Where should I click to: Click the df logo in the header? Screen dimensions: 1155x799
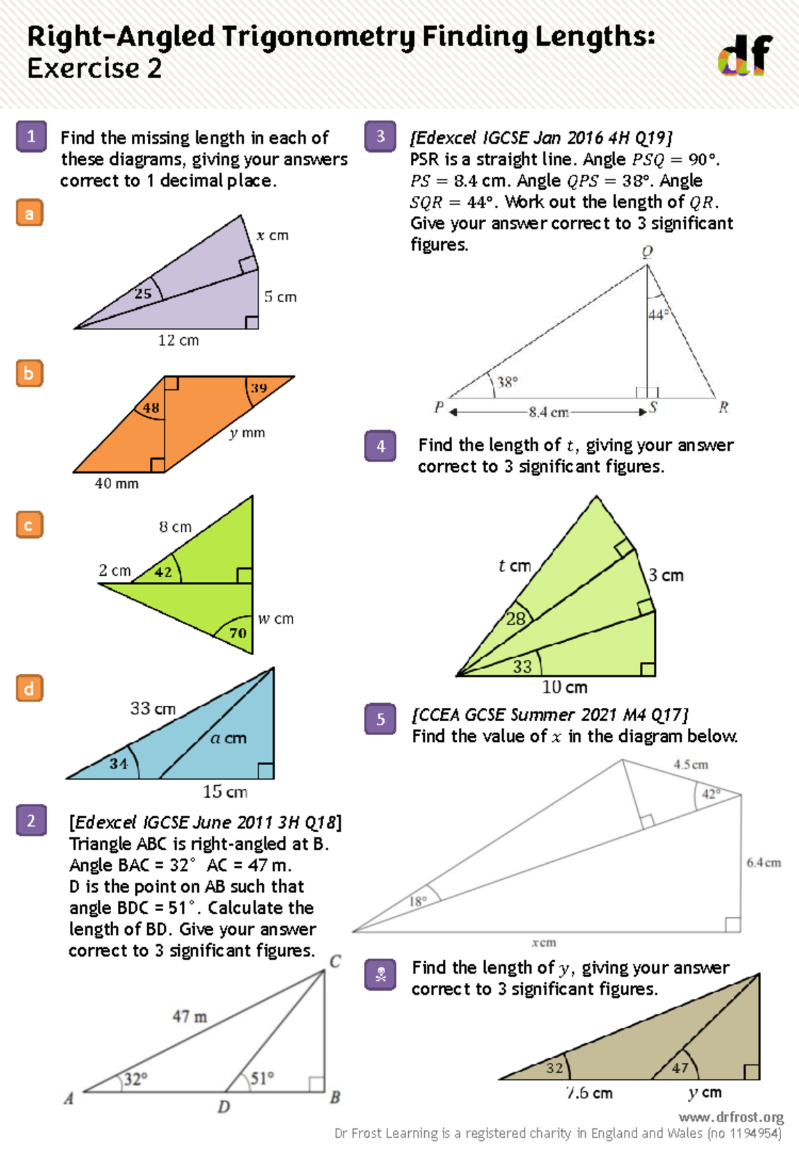[x=744, y=55]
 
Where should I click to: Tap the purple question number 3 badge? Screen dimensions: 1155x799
[x=380, y=137]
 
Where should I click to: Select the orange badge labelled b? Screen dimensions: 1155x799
[x=29, y=373]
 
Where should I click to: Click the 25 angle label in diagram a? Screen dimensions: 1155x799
[x=143, y=293]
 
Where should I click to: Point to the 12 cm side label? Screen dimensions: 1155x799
[x=178, y=341]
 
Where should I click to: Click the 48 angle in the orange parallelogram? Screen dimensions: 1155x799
[x=151, y=408]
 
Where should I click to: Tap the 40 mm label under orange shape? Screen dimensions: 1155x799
[x=117, y=484]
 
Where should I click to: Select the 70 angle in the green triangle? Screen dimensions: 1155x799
[x=238, y=633]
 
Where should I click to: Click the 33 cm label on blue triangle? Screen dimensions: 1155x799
[x=153, y=708]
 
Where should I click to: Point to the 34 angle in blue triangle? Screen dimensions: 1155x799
[x=119, y=764]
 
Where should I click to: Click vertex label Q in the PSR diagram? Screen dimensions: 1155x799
[x=647, y=252]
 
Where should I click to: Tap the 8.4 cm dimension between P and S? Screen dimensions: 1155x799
[x=549, y=413]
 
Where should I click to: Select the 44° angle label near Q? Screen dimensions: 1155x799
[x=658, y=315]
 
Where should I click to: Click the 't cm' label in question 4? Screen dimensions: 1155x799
[x=515, y=566]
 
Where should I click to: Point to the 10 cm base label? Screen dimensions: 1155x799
[x=565, y=687]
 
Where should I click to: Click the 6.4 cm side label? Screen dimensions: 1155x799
[x=763, y=863]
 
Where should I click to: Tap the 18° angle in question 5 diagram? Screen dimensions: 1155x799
[x=417, y=902]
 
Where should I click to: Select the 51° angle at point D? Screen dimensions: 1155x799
[x=262, y=1078]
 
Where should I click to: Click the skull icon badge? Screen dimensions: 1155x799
[x=381, y=975]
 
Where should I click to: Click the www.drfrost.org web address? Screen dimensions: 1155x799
[x=731, y=1117]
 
